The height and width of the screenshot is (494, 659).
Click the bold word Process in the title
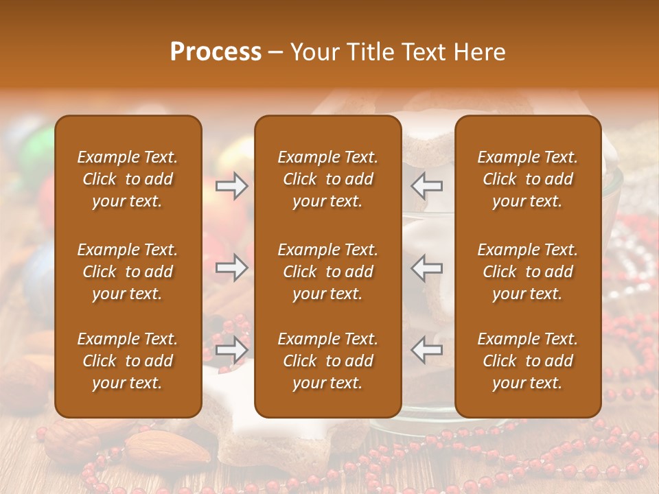point(216,52)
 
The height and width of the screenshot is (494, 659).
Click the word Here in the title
point(481,52)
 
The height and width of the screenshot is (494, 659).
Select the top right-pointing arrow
point(232,186)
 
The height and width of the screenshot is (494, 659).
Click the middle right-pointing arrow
point(232,268)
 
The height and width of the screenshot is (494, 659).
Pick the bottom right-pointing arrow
point(232,350)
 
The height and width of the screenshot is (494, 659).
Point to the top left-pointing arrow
point(427,186)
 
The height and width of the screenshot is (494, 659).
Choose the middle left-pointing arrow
point(427,268)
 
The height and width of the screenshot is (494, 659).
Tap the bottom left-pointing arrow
point(427,350)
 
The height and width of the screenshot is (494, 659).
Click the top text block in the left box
point(128,179)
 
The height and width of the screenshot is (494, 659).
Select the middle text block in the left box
point(128,272)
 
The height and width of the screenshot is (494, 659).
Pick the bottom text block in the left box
point(128,361)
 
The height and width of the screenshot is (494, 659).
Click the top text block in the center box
point(328,179)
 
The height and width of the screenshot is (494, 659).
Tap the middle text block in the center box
point(328,272)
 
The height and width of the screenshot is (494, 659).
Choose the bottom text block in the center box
point(328,361)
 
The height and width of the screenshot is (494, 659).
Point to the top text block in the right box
point(528,179)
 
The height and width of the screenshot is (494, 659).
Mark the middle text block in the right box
point(528,272)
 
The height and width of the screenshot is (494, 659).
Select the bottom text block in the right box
point(528,361)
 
